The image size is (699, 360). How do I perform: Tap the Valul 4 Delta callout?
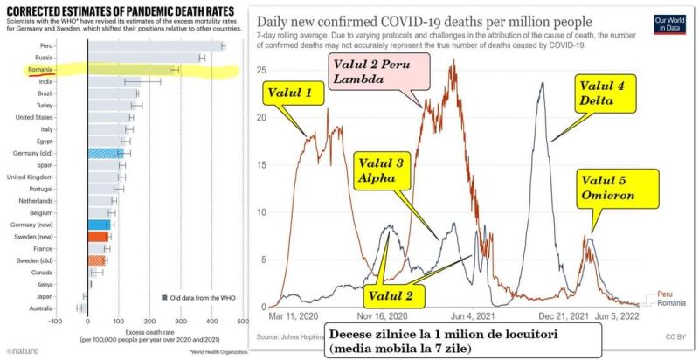coord(603,93)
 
